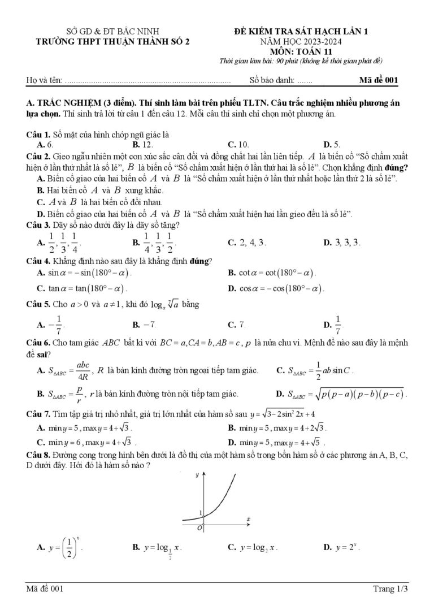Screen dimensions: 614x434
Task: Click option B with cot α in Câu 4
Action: (271, 273)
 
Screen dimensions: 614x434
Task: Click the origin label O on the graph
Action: (198, 527)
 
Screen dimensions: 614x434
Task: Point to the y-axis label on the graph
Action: (197, 475)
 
